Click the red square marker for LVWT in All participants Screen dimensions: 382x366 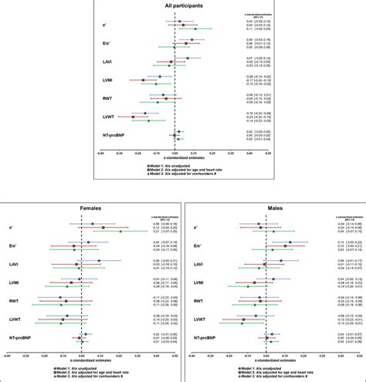tap(133, 117)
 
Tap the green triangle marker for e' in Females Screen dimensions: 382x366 tap(120, 231)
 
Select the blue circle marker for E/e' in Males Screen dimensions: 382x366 tap(290, 242)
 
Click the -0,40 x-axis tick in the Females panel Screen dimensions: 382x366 tap(6, 356)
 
